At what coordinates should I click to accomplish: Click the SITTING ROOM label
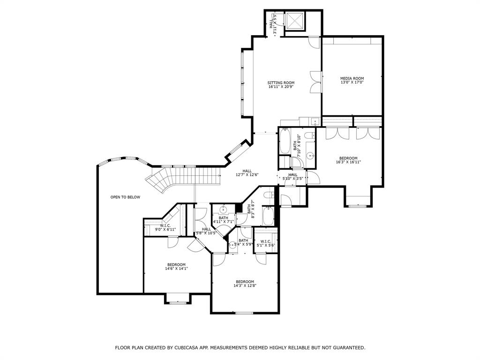(281, 82)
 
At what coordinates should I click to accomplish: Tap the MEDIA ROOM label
(352, 78)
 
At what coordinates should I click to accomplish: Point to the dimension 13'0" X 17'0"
(352, 82)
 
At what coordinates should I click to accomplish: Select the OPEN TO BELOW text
(125, 197)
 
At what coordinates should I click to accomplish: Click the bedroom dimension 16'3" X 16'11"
(348, 162)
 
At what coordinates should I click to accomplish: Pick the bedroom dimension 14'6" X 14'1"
(176, 269)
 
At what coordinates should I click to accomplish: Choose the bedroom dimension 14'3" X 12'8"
(245, 285)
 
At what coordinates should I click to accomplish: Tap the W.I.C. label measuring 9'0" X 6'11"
(165, 225)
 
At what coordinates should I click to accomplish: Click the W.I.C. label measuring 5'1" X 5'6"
(265, 241)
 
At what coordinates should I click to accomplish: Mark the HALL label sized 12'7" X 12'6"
(247, 171)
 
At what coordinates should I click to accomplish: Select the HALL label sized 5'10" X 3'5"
(293, 174)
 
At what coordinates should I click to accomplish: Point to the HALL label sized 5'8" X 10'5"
(206, 229)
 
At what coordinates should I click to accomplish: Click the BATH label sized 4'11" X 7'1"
(223, 217)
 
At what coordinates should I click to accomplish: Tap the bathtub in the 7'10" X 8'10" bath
(285, 142)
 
